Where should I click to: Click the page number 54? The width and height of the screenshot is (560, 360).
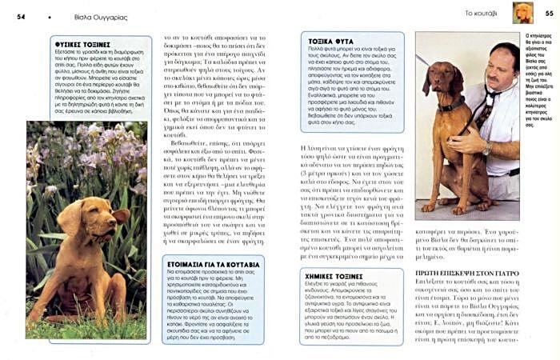click(x=21, y=14)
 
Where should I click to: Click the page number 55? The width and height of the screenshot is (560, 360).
click(x=549, y=14)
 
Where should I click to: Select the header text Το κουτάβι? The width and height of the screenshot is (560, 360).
click(x=480, y=14)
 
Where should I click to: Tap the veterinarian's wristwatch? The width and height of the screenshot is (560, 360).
click(x=487, y=150)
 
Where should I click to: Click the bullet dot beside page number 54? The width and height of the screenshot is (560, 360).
click(x=50, y=14)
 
